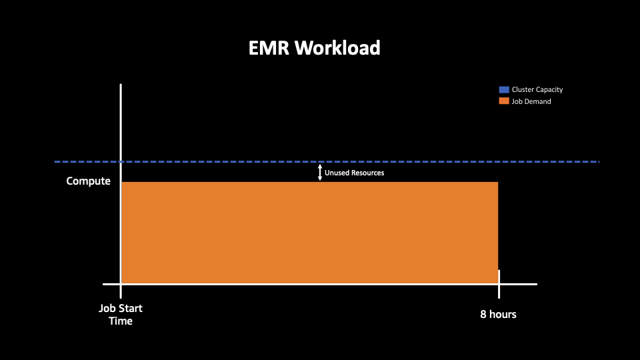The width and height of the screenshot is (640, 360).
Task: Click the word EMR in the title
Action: [269, 48]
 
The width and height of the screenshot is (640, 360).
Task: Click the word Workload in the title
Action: [337, 48]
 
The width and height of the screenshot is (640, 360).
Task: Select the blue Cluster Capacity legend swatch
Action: [504, 89]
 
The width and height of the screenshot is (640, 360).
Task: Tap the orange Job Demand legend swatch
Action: [504, 101]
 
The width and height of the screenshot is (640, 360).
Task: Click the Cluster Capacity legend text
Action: [537, 90]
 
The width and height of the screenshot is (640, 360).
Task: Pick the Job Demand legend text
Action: [531, 101]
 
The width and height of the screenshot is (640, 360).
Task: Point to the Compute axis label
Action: [88, 181]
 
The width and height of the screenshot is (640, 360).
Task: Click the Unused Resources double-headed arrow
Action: [320, 173]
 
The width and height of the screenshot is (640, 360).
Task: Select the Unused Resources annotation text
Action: [354, 173]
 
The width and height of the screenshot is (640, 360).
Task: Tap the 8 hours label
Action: [498, 314]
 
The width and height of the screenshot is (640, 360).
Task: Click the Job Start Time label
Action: [121, 314]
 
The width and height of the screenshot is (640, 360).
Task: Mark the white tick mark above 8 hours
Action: [499, 284]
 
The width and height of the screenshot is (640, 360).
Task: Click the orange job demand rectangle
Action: [310, 233]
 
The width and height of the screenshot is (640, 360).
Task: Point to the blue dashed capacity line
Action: [327, 161]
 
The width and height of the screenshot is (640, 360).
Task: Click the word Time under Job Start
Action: [121, 321]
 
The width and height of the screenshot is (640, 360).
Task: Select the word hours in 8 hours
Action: [503, 314]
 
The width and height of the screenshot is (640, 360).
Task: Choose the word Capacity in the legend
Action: [549, 90]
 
